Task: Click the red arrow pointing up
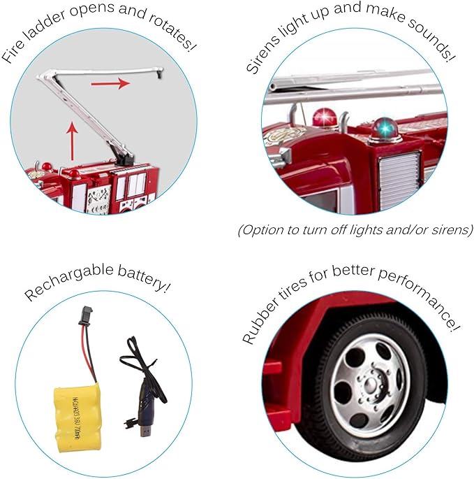coord(72,141)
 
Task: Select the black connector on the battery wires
coord(85,316)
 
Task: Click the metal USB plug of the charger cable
coord(145,431)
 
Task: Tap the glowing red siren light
coord(325,117)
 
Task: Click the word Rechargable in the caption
coord(69,280)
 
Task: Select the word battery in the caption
coord(144,278)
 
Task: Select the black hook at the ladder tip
coord(160,73)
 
